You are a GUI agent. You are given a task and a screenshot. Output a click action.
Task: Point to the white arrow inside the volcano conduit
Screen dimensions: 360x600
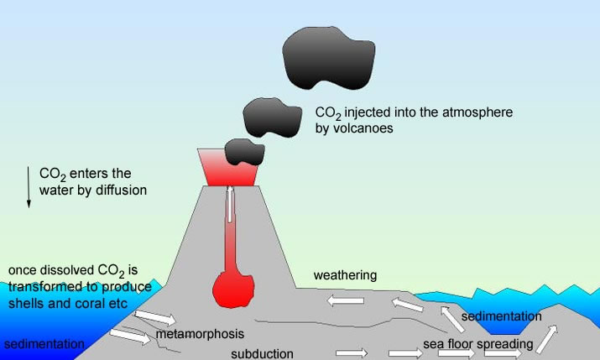coord(229,206)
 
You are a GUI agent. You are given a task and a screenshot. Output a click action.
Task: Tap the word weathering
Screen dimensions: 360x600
coord(345,275)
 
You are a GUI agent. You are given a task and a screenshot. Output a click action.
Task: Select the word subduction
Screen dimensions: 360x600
coord(263,353)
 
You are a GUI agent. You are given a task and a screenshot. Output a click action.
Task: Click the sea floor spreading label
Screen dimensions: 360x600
coord(477,344)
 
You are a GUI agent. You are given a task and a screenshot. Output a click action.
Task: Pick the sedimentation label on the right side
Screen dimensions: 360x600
coord(502,316)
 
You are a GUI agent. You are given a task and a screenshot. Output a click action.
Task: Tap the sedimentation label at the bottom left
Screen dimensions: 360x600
coord(44,344)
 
